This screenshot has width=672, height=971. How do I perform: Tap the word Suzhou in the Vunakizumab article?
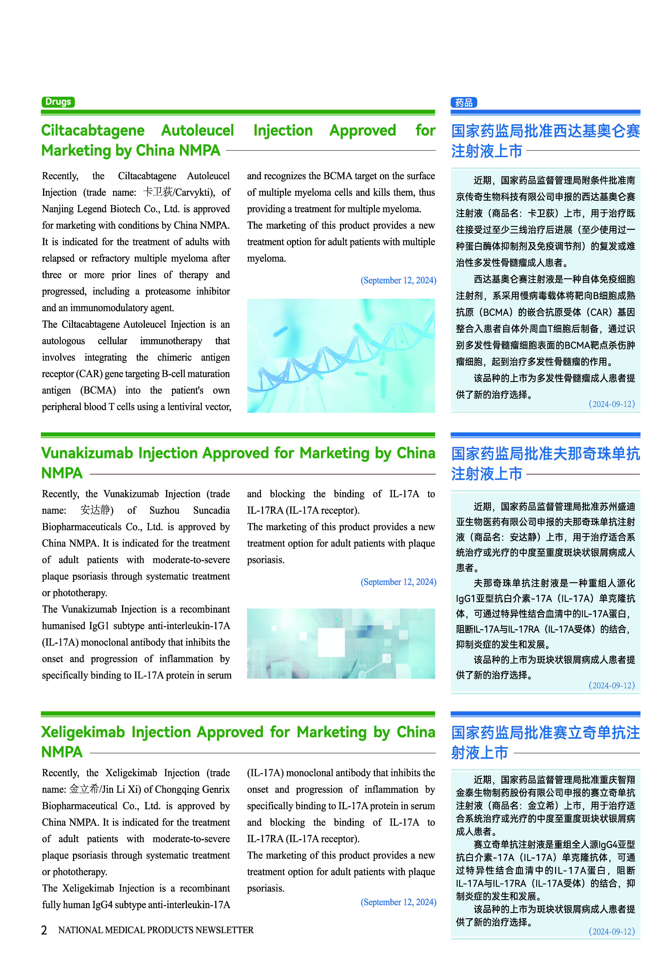164,510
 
